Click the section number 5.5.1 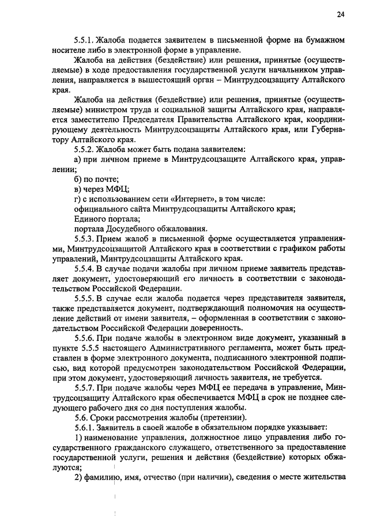[x=85, y=41]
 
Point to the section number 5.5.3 [x=85, y=238]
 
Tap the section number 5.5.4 [x=85, y=269]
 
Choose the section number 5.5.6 [x=85, y=338]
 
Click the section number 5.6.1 [x=85, y=427]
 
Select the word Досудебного [x=129, y=229]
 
